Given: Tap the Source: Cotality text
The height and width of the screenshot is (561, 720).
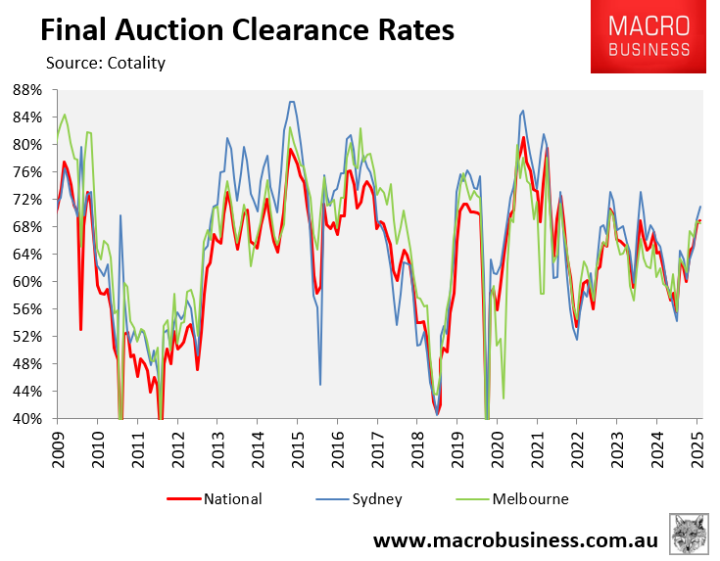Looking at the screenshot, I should point(106,64).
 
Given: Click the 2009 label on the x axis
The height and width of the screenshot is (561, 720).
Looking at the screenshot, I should point(57,446).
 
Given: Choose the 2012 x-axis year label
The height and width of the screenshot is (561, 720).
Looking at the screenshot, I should point(177,446).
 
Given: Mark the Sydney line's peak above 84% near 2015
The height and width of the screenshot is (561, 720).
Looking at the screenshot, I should point(291,102).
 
